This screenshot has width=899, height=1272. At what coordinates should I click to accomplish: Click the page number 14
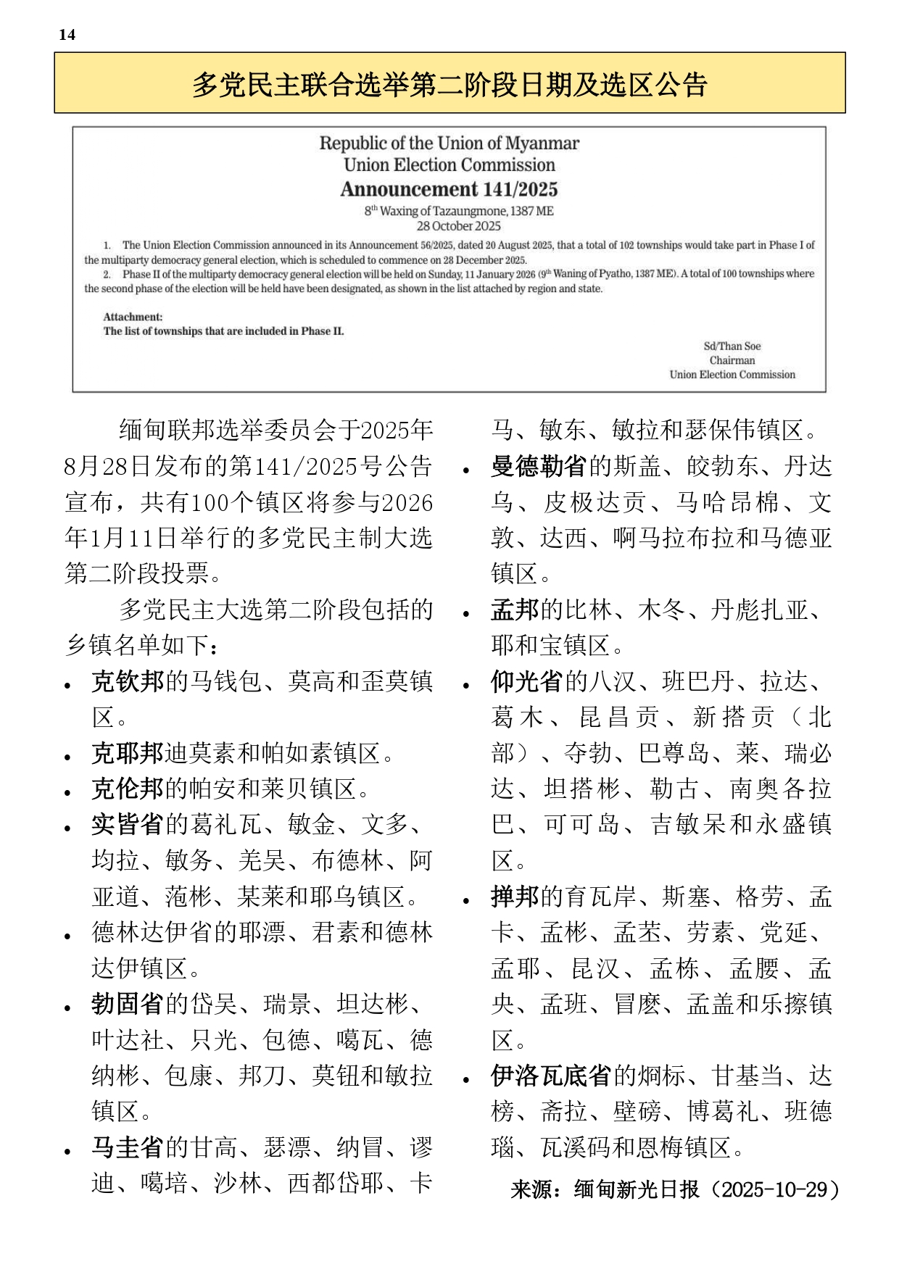67,35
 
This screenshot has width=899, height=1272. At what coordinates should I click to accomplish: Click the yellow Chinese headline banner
449,83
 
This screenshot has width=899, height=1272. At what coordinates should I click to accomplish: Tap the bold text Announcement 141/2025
449,189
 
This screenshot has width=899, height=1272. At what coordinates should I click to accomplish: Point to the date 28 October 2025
458,226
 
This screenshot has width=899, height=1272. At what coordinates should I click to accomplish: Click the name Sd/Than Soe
732,346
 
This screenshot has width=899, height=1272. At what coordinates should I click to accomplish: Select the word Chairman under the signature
732,360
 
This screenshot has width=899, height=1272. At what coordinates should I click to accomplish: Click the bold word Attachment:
133,317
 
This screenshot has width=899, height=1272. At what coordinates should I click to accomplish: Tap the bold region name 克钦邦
128,681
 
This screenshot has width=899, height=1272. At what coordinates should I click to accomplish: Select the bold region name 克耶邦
128,753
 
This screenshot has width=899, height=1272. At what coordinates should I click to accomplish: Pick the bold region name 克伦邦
128,789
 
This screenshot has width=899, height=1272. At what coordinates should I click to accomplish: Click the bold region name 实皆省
128,824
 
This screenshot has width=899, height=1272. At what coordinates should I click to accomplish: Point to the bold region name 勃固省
128,1004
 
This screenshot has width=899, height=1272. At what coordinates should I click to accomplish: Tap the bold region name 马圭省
128,1147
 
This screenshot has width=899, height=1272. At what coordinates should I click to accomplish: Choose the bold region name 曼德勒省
539,466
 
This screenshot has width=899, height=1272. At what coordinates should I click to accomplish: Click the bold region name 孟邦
515,610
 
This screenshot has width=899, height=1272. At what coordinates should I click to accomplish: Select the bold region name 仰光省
527,681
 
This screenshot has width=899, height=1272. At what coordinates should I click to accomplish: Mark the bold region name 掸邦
515,897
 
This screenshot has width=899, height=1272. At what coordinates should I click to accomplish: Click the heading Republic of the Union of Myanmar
449,144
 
